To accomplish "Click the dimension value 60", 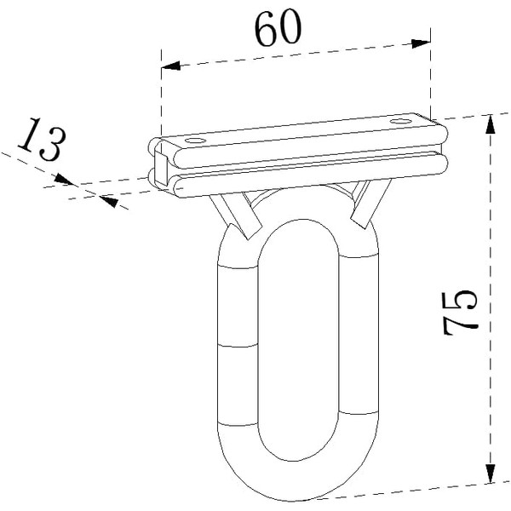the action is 278,28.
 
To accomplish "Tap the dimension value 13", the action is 42,139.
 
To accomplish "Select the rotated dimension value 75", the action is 460,313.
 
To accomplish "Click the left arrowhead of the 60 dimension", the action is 171,66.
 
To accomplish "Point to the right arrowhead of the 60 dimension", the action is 421,43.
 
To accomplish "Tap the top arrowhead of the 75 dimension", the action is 490,124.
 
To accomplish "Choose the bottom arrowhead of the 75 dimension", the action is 490,474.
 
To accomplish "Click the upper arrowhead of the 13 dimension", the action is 64,179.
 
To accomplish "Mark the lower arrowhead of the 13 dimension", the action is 109,201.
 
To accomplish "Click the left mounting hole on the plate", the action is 196,141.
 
